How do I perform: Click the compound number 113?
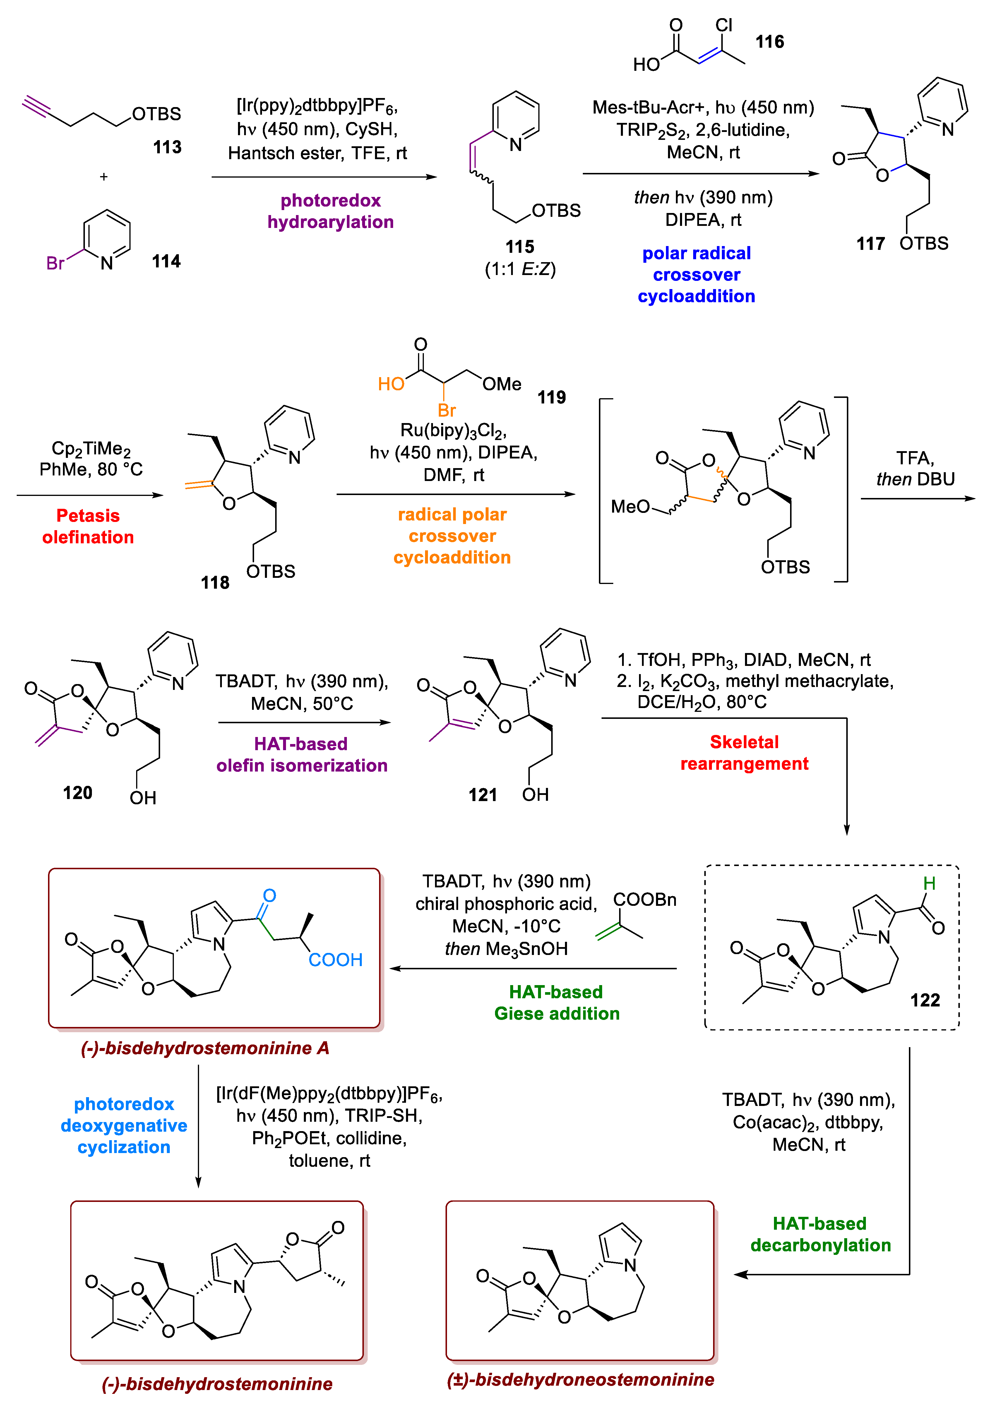[x=167, y=147]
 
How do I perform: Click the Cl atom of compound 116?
[x=724, y=25]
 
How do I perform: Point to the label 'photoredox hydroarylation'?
[x=330, y=211]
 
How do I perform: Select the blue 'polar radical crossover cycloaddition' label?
[x=696, y=274]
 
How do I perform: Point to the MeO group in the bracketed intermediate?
[x=630, y=506]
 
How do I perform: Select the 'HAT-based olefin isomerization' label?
[x=302, y=754]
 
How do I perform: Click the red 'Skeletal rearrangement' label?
[x=744, y=753]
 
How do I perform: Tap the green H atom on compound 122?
[x=929, y=883]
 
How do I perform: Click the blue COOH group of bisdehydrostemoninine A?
[x=335, y=960]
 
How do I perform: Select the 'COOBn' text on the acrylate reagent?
[x=645, y=900]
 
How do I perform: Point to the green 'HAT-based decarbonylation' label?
[x=820, y=1234]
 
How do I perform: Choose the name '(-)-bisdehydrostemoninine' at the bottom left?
[x=217, y=1384]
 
